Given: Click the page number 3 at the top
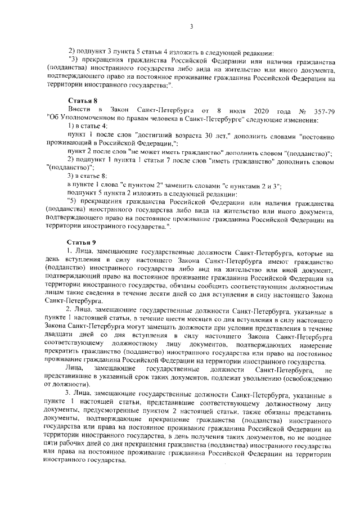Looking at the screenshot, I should pyautogui.click(x=191, y=26).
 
